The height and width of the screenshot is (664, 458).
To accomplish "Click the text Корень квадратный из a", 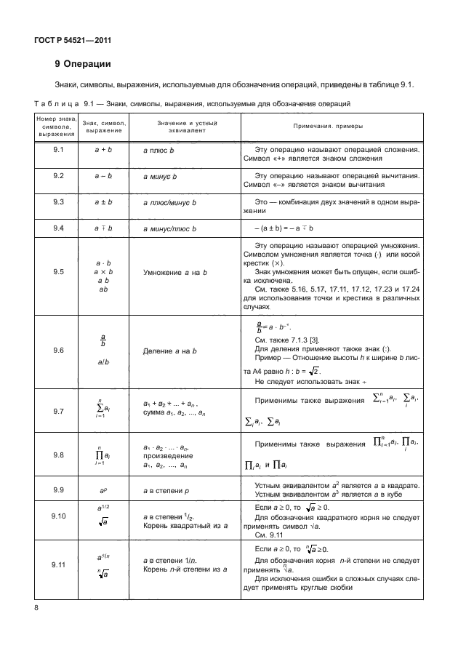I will (x=176, y=524).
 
